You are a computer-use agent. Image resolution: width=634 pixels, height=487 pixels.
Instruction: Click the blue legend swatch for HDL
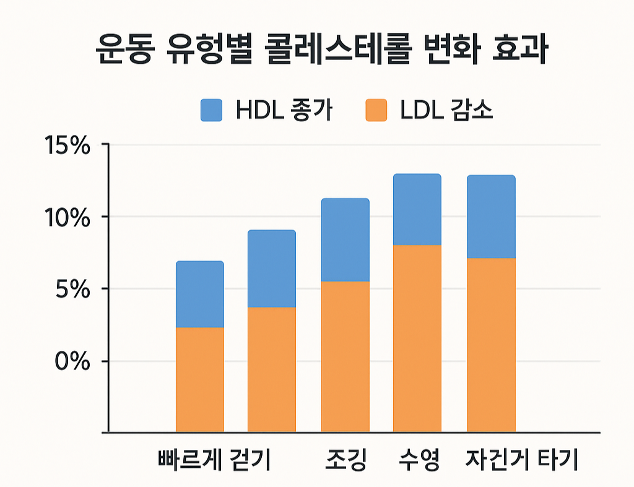pyautogui.click(x=211, y=110)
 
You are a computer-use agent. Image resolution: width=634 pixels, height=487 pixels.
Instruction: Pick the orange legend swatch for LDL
pyautogui.click(x=376, y=110)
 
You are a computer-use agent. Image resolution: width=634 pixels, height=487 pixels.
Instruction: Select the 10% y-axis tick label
pyautogui.click(x=67, y=218)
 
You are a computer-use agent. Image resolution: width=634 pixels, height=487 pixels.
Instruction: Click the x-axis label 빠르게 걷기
pyautogui.click(x=214, y=460)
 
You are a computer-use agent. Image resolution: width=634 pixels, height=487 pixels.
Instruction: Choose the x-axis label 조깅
pyautogui.click(x=345, y=460)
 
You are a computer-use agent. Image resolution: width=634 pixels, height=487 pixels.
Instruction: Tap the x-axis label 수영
pyautogui.click(x=418, y=460)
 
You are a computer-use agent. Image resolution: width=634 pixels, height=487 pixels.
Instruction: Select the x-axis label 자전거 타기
pyautogui.click(x=521, y=460)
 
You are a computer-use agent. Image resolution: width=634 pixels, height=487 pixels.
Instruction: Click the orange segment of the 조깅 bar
pyautogui.click(x=345, y=356)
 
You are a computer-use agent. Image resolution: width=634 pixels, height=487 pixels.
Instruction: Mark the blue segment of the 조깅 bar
pyautogui.click(x=345, y=240)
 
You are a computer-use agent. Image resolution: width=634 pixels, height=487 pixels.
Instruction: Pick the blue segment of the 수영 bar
pyautogui.click(x=417, y=210)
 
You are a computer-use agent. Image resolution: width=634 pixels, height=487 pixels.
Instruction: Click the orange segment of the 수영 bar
pyautogui.click(x=417, y=338)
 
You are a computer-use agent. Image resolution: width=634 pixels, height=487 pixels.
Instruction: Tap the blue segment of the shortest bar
pyautogui.click(x=200, y=294)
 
